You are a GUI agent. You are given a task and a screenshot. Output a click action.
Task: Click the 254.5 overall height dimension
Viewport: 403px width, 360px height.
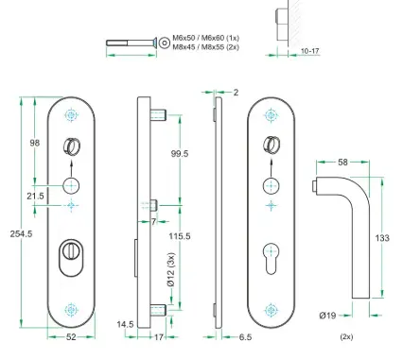point(21,234)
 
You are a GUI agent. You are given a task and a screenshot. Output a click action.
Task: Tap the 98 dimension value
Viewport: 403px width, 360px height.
point(35,143)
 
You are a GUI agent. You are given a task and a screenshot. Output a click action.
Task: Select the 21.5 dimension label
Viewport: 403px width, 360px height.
point(35,197)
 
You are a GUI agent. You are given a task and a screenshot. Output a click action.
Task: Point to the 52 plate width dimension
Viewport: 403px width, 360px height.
point(71,337)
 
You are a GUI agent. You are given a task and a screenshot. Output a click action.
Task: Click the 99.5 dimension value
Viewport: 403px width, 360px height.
point(180,154)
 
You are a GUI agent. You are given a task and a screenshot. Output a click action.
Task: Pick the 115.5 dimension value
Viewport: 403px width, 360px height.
point(180,236)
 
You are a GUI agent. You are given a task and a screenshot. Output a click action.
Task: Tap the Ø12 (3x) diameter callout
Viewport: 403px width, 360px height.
point(171,270)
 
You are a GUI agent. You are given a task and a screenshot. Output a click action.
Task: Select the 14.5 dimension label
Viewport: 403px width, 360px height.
point(125,324)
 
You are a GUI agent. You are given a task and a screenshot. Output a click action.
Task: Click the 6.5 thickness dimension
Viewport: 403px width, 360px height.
point(245,337)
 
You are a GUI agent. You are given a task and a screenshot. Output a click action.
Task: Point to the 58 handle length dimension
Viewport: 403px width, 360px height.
point(342,163)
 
